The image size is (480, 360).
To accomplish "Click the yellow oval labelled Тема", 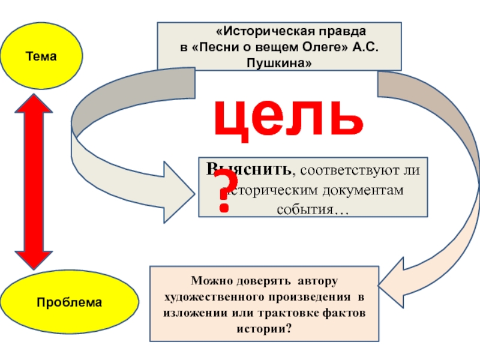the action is [41, 56].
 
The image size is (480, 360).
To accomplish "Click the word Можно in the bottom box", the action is [209, 281].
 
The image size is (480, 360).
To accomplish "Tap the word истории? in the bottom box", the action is [266, 329].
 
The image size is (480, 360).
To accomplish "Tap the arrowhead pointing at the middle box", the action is [180, 191].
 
